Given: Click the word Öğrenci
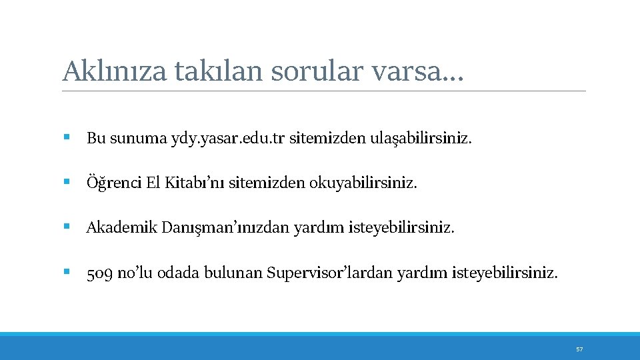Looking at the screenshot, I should tap(113, 183).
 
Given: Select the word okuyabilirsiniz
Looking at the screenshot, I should tap(362, 183).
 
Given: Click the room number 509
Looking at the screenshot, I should tap(100, 273).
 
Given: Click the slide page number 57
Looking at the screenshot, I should tap(579, 349).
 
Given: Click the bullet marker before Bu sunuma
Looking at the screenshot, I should tap(67, 138).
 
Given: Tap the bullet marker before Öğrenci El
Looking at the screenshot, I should tap(67, 182).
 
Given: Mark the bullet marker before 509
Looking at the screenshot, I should tap(67, 272).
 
